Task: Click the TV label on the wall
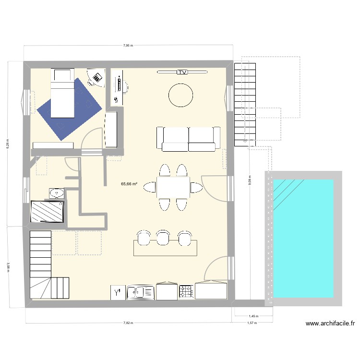tap(182, 72)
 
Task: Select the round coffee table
tap(180, 95)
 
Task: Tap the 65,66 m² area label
tap(129, 184)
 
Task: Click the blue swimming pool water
tap(303, 239)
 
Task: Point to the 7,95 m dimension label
tap(128, 46)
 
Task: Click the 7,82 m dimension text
tap(128, 323)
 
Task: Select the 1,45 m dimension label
tap(253, 316)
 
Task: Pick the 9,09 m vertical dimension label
tap(250, 180)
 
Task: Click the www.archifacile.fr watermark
tap(330, 324)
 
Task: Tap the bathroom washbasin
tap(57, 193)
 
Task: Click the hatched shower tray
tap(47, 212)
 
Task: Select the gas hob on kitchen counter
tap(186, 291)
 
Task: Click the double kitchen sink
tap(140, 292)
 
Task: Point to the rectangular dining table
tap(173, 187)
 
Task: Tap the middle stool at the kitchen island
tap(163, 238)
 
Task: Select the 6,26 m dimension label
tap(7, 144)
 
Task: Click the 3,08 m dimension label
tap(8, 267)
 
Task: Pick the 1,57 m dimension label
tap(252, 323)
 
